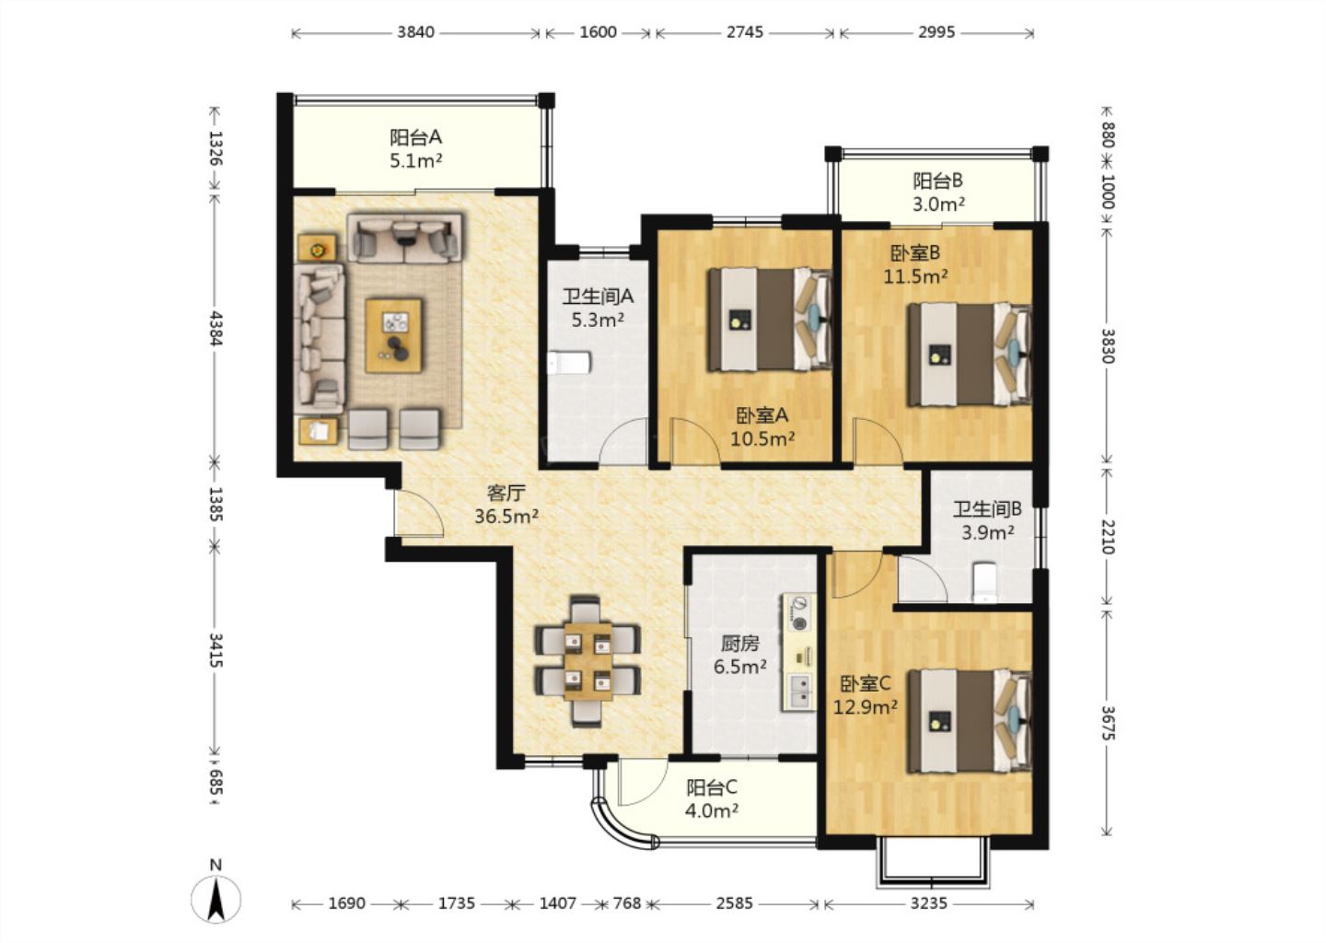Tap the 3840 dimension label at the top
tap(415, 32)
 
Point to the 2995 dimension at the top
tap(936, 32)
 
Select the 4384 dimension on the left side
tap(215, 328)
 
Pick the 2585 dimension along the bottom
tap(735, 903)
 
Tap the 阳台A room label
tap(415, 137)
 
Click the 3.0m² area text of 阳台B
tap(939, 204)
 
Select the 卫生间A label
tap(598, 296)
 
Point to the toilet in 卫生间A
tap(569, 363)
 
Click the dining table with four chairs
tap(587, 660)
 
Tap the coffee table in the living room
tap(394, 335)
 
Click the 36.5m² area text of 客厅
tap(506, 517)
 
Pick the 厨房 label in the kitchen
tap(740, 643)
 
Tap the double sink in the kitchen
tap(799, 692)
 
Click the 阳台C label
tap(712, 787)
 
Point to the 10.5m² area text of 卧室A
tap(762, 438)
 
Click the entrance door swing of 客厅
tap(419, 514)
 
